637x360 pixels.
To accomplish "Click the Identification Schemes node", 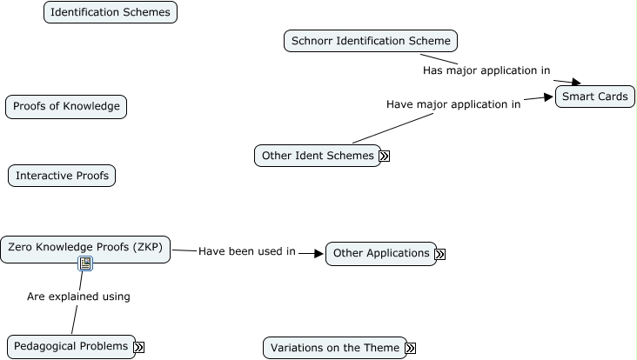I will coord(111,12).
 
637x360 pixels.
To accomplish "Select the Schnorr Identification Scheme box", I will coord(371,41).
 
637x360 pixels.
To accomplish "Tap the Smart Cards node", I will coord(595,97).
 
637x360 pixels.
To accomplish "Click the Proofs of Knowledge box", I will coord(66,107).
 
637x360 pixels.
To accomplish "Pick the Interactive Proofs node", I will coord(62,176).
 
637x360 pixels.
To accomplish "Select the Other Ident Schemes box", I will coord(318,156).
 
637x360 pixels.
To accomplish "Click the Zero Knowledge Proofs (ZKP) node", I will coord(85,248).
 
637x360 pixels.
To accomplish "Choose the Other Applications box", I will coord(381,253).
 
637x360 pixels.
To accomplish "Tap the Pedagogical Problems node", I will coord(71,346).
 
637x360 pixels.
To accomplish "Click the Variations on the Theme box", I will coord(335,348).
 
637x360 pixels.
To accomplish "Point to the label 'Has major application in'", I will coord(486,70).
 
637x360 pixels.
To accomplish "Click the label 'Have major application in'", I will coord(453,104).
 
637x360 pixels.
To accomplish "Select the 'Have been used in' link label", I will coord(247,251).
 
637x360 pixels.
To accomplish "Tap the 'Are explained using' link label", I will coord(78,297).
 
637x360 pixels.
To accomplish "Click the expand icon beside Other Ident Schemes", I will coord(385,157).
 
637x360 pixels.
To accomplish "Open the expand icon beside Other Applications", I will coord(440,254).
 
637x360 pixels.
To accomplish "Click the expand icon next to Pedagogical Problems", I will coord(139,347).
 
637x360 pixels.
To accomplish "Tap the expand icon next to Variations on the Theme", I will coord(411,348).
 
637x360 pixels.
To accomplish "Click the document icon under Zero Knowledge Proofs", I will coord(85,263).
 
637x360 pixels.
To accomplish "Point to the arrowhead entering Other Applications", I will coord(318,253).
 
